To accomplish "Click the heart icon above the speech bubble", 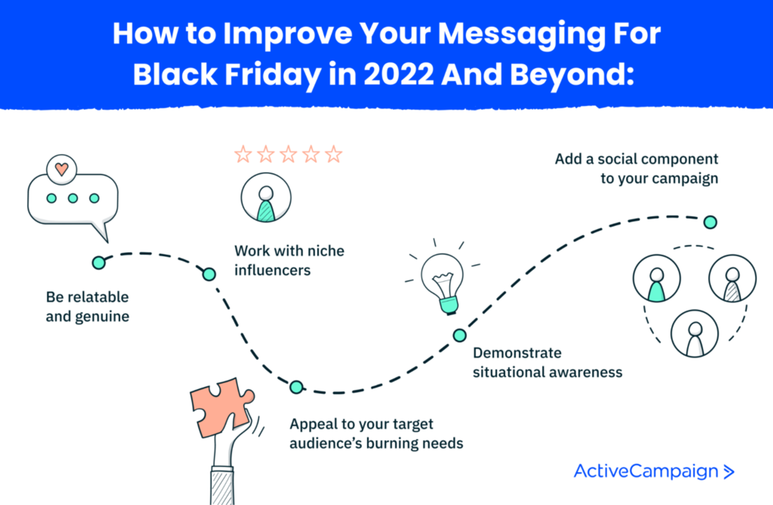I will tap(61, 169).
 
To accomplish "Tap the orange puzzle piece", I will tap(220, 406).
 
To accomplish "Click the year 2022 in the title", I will tap(399, 75).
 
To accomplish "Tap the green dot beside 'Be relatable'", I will tap(99, 262).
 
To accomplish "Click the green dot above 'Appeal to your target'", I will tap(296, 387).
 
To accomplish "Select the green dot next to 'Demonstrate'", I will tap(459, 335).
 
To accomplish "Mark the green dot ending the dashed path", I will tap(710, 222).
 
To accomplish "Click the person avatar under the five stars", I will tap(266, 198).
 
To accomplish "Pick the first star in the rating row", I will tap(243, 155).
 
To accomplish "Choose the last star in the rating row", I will tap(333, 155).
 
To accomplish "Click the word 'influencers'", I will tap(272, 270).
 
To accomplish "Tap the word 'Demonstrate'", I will tap(517, 353).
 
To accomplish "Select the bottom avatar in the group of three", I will tap(694, 333).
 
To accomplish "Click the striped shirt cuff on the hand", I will tap(222, 486).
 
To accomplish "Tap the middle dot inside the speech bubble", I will tap(73, 198).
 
